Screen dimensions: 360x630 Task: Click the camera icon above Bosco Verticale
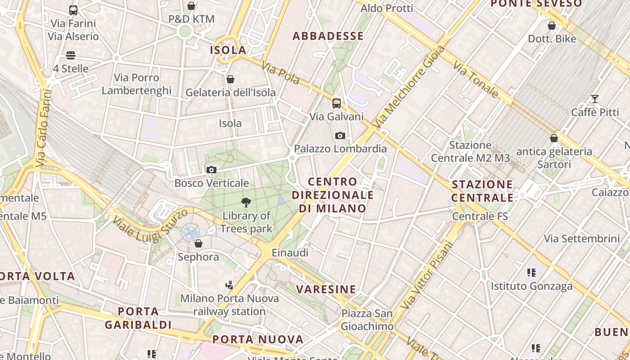pyautogui.click(x=211, y=170)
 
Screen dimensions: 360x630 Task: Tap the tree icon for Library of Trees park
pyautogui.click(x=246, y=202)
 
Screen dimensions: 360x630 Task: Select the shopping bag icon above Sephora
pyautogui.click(x=198, y=243)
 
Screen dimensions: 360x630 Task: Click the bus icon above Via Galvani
pyautogui.click(x=337, y=103)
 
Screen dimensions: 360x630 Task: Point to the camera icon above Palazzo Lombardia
pyautogui.click(x=340, y=135)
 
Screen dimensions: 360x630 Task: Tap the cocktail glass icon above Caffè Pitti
pyautogui.click(x=595, y=99)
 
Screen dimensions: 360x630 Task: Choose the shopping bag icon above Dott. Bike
pyautogui.click(x=552, y=26)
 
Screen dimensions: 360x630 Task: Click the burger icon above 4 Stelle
pyautogui.click(x=71, y=55)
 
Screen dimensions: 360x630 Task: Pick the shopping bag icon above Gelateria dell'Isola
pyautogui.click(x=230, y=79)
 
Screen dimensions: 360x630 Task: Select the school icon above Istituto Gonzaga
pyautogui.click(x=531, y=272)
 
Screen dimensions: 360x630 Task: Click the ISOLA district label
pyautogui.click(x=228, y=50)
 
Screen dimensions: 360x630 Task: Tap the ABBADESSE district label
pyautogui.click(x=328, y=36)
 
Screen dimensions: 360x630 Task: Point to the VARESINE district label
pyautogui.click(x=326, y=289)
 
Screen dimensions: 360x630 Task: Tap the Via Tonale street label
pyautogui.click(x=476, y=80)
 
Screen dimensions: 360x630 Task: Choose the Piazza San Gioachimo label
pyautogui.click(x=367, y=319)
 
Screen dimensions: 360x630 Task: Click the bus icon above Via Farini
pyautogui.click(x=73, y=10)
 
